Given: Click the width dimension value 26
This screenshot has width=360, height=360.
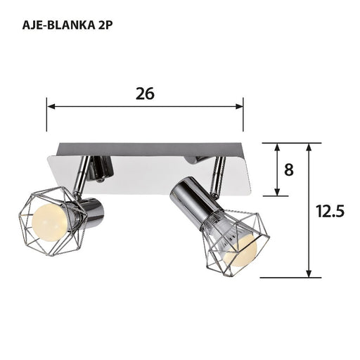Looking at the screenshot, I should tap(146, 93).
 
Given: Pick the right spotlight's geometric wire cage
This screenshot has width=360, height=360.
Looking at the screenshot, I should tap(236, 243).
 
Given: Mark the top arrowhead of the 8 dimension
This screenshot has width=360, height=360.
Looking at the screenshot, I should tap(278, 147).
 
